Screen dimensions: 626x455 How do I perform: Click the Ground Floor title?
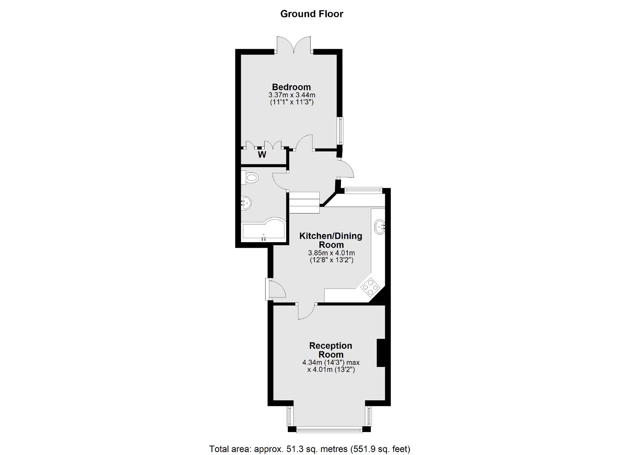(312, 14)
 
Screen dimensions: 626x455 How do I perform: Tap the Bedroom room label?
(291, 87)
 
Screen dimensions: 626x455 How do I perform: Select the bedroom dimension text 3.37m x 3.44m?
(292, 95)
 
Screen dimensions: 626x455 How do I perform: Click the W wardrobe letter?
(262, 154)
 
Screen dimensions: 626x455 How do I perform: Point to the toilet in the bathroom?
(249, 178)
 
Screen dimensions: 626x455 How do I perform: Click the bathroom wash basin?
(246, 203)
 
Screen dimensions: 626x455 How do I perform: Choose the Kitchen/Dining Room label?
(331, 240)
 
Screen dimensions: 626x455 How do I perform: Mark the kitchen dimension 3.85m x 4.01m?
(331, 253)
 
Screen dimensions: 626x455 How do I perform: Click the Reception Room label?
(331, 350)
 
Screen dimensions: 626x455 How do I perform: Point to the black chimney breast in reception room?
(381, 353)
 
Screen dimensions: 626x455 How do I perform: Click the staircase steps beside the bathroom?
(304, 202)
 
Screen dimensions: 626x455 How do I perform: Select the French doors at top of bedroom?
(294, 45)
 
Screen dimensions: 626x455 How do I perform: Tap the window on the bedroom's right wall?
(341, 130)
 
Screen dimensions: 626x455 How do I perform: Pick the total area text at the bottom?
(310, 449)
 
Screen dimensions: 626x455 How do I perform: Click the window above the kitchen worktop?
(363, 190)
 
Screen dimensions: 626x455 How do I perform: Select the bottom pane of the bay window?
(329, 429)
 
